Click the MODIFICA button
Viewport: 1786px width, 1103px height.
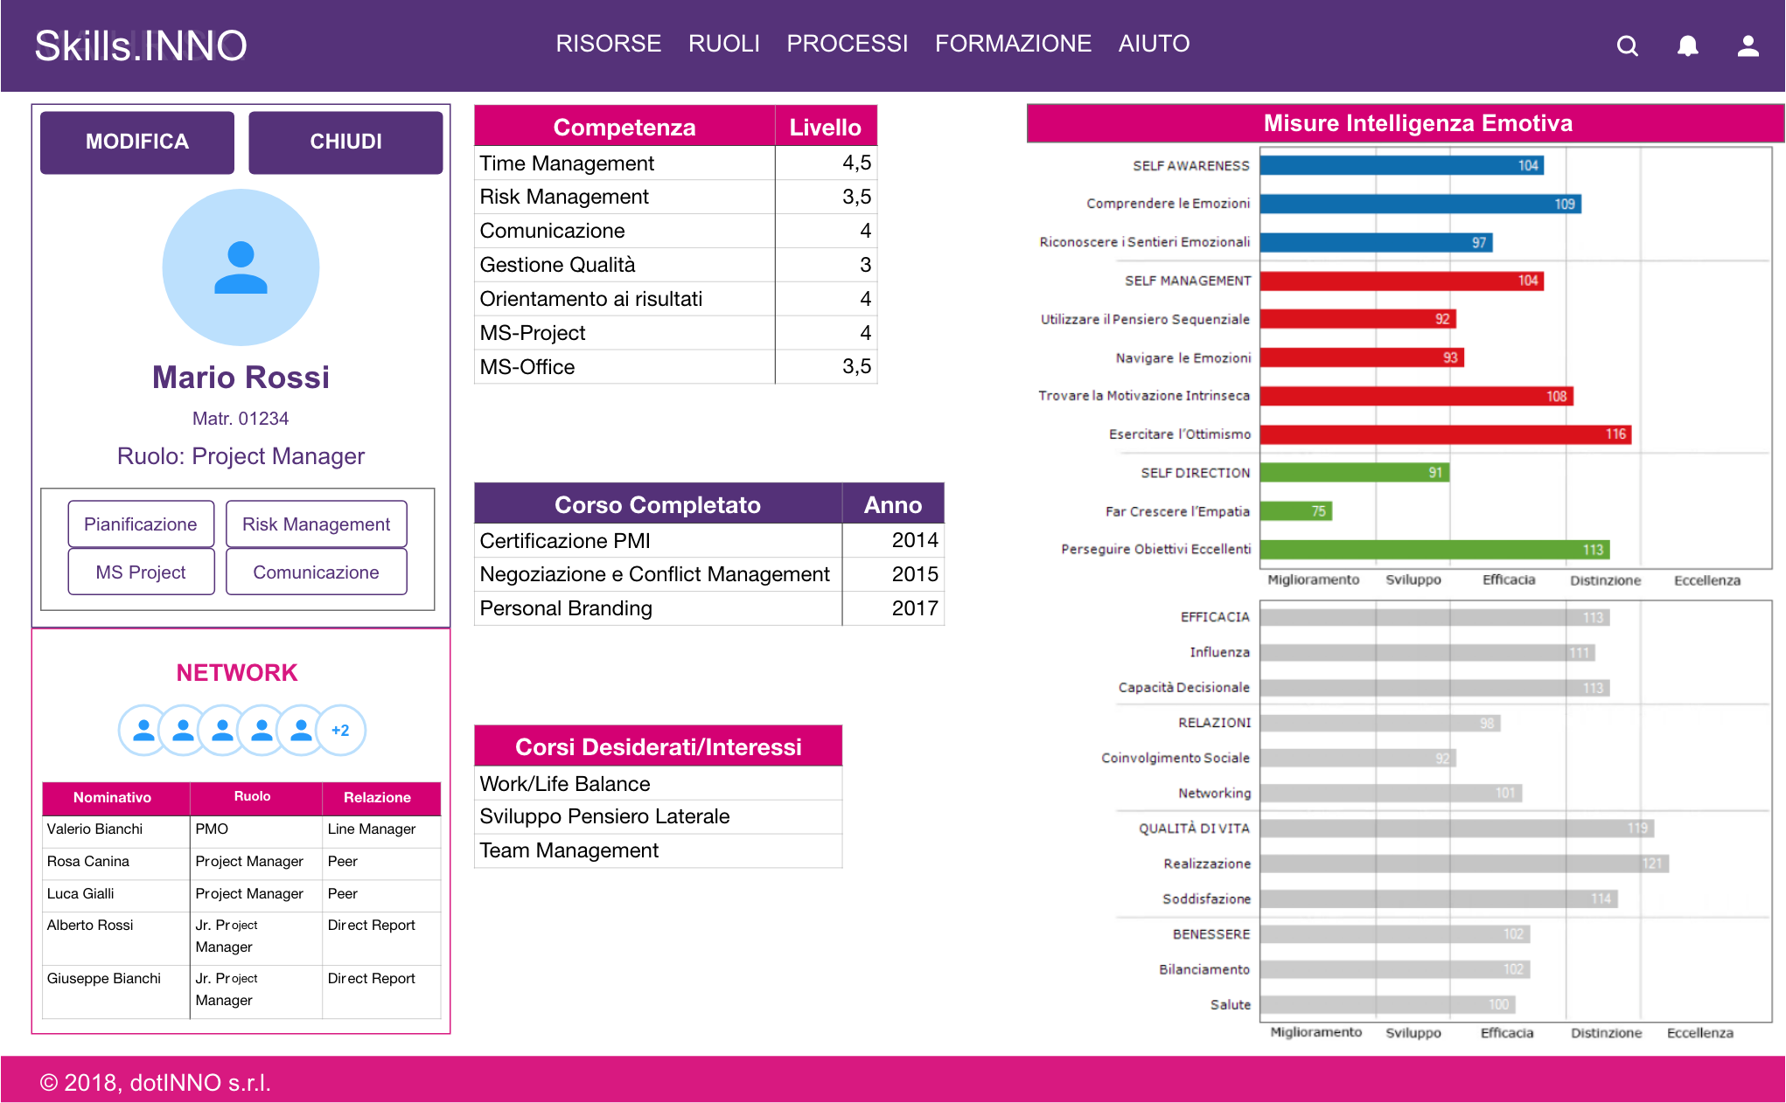click(x=137, y=142)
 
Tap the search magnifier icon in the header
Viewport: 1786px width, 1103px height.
click(x=1627, y=45)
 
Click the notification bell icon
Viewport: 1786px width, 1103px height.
click(x=1687, y=45)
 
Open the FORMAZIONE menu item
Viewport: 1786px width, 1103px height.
click(x=1013, y=44)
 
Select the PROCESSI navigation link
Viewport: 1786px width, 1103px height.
click(x=847, y=44)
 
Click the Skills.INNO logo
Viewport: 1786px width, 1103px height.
click(x=141, y=45)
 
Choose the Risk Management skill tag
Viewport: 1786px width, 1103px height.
click(x=316, y=524)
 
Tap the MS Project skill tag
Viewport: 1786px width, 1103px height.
click(x=141, y=572)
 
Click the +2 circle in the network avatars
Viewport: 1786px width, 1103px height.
click(x=340, y=731)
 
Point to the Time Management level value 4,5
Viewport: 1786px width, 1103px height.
click(x=856, y=163)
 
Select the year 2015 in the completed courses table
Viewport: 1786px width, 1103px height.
click(x=914, y=574)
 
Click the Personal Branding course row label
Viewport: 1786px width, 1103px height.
click(x=566, y=608)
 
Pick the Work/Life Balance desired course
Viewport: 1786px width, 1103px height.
click(x=565, y=784)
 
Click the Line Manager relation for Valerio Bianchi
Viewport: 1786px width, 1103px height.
click(x=372, y=829)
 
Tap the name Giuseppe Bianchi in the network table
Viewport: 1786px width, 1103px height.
click(x=104, y=979)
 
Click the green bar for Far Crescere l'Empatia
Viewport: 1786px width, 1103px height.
click(x=1295, y=511)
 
